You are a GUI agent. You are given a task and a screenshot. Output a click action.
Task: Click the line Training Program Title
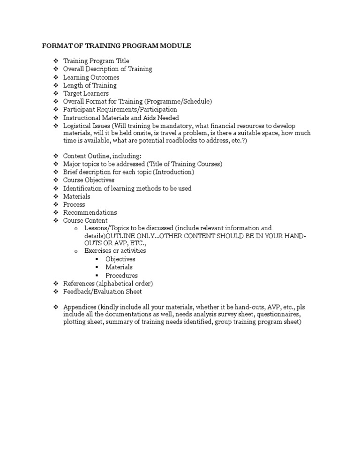click(x=96, y=61)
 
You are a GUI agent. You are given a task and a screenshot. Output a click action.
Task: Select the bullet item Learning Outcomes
click(x=91, y=77)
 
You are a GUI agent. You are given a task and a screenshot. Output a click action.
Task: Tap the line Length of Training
click(x=90, y=85)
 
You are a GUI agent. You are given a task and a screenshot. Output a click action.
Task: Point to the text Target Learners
click(x=86, y=93)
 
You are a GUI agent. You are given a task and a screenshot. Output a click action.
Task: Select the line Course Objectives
click(x=89, y=180)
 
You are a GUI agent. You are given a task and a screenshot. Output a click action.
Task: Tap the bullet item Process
click(x=74, y=204)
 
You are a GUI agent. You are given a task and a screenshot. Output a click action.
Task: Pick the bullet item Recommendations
click(x=90, y=212)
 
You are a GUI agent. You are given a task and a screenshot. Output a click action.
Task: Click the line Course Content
click(x=85, y=220)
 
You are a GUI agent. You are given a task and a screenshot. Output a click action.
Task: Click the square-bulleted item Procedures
click(x=121, y=276)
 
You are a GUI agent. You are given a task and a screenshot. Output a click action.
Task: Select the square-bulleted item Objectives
click(x=120, y=259)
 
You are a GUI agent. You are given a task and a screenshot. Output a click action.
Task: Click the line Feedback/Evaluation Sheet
click(x=102, y=292)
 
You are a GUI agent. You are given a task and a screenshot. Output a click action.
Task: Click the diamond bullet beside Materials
click(x=55, y=196)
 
